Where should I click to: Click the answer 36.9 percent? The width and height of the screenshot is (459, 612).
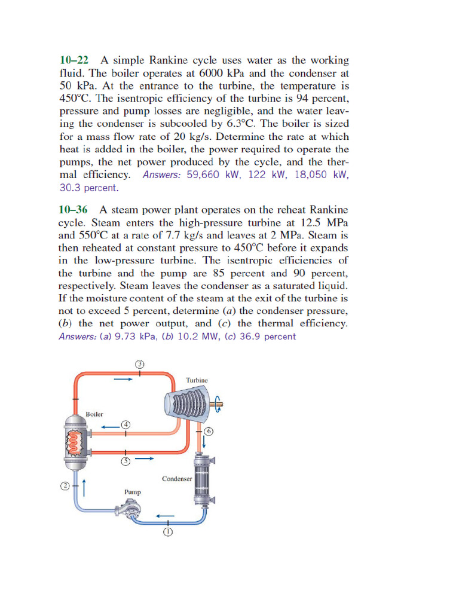[x=267, y=336]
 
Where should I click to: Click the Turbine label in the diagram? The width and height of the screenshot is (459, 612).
[x=197, y=380]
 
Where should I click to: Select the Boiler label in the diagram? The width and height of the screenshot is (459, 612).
[x=94, y=414]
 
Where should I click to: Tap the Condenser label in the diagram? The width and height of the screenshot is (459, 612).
[x=177, y=479]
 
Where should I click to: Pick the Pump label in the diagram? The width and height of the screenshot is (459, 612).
[x=132, y=492]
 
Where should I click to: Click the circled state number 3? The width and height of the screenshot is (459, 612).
[x=139, y=363]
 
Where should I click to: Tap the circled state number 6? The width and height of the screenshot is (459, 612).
[x=209, y=431]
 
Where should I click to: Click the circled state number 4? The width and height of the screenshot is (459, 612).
[x=126, y=424]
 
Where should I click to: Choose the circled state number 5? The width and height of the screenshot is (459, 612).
[x=126, y=461]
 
